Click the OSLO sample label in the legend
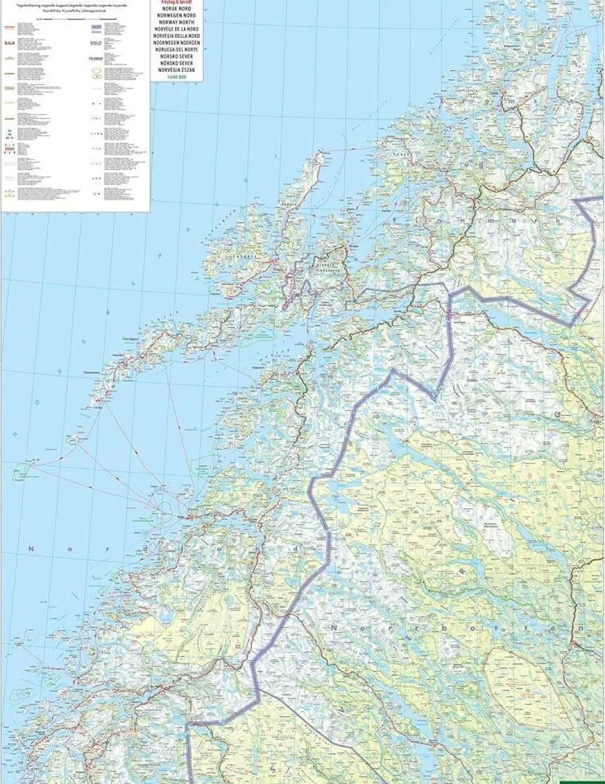click(x=96, y=44)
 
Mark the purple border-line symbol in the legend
click(x=96, y=28)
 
